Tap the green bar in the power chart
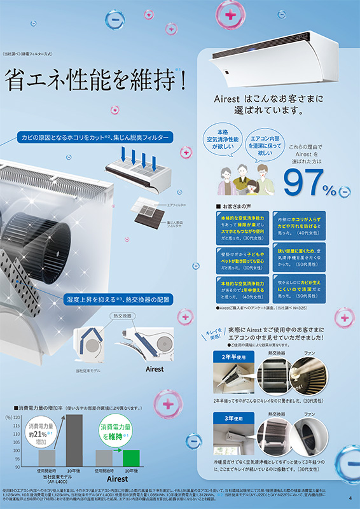(x=131, y=458)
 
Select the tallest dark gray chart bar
(x=74, y=441)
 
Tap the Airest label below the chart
(x=117, y=478)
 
